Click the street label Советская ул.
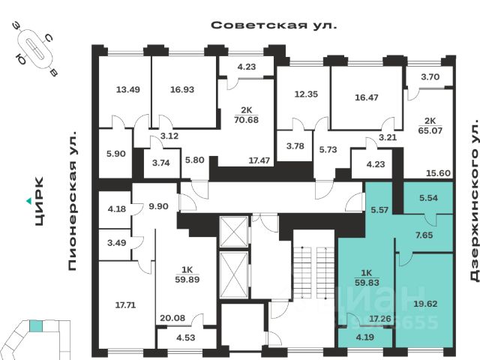click(274, 25)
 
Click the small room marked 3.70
click(430, 76)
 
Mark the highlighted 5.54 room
click(428, 199)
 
